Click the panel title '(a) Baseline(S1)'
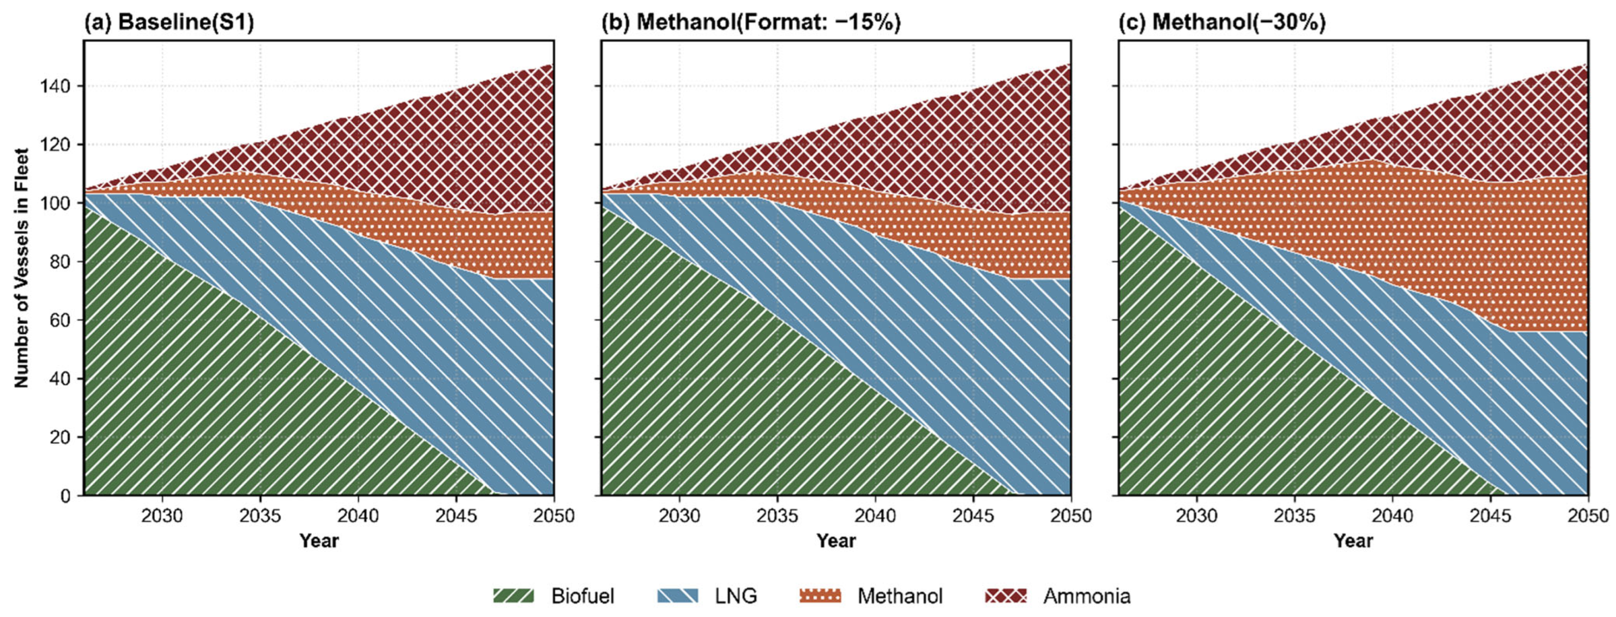(169, 22)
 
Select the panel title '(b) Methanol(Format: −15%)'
(751, 22)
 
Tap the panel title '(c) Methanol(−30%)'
(1222, 22)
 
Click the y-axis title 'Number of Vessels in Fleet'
(22, 268)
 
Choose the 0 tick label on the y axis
(65, 496)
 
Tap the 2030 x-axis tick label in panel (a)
(163, 516)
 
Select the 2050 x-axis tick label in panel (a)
(553, 516)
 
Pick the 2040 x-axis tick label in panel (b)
(875, 516)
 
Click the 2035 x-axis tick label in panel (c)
(1294, 516)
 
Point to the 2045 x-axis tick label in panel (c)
(1491, 516)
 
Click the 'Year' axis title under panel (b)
(836, 541)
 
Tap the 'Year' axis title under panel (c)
(1353, 541)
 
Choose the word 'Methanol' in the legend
(900, 596)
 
